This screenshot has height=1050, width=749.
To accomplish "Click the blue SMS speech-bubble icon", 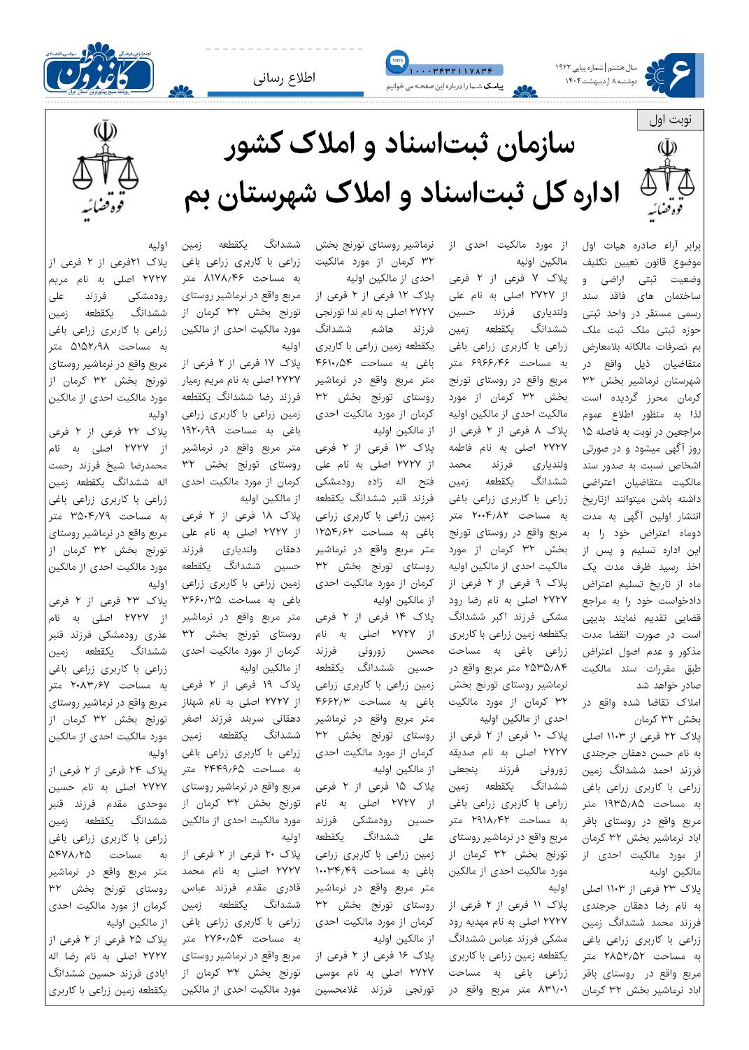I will [397, 62].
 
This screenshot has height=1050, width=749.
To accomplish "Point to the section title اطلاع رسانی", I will [285, 78].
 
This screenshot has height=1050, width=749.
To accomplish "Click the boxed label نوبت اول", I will [671, 120].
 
